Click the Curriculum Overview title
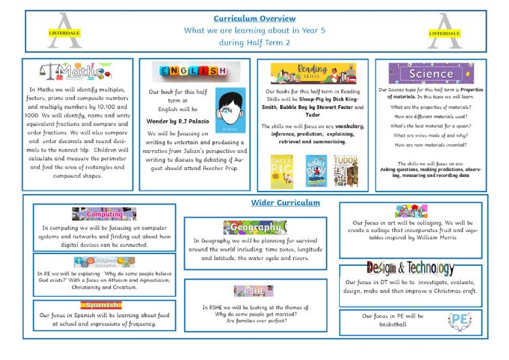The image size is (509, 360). (x=254, y=18)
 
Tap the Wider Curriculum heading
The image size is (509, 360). (x=286, y=203)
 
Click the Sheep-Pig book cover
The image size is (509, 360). (x=282, y=171)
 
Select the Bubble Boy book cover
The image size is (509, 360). (x=316, y=171)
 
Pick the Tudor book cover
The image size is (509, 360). (x=346, y=171)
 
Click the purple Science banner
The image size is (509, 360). (x=431, y=73)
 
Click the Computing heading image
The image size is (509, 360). (x=104, y=214)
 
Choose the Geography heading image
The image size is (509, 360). (x=255, y=227)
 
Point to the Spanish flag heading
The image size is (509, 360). (x=101, y=304)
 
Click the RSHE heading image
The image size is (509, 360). (x=254, y=291)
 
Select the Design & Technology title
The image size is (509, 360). (x=410, y=268)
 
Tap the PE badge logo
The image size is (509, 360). (x=459, y=320)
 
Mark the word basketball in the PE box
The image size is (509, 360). (x=392, y=324)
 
